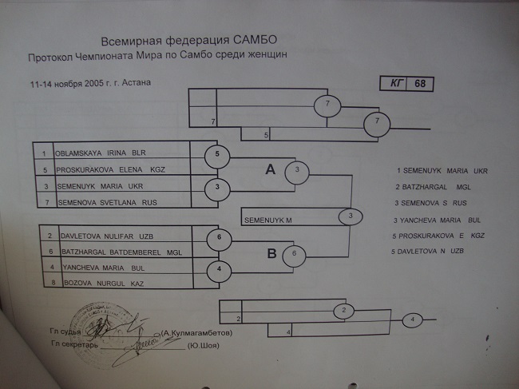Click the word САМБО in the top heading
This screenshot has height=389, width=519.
click(x=257, y=41)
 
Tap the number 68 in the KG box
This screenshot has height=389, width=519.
click(x=420, y=85)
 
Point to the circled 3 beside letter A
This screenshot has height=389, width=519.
click(x=297, y=170)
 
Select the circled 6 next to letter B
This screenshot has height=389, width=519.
click(x=293, y=254)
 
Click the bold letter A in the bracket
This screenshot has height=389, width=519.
click(x=271, y=169)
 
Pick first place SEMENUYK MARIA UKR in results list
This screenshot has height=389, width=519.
click(x=442, y=171)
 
